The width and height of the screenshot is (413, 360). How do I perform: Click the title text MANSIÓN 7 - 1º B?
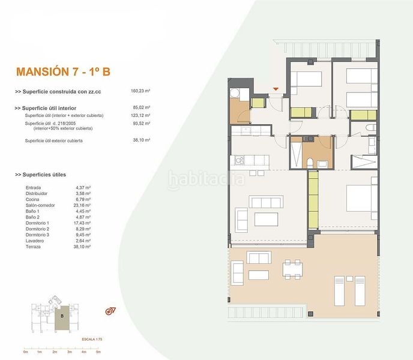(63, 72)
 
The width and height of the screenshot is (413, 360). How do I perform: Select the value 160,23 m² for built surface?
(140, 91)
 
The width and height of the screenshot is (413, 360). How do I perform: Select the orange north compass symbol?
(110, 311)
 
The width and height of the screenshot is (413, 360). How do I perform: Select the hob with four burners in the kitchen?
(240, 160)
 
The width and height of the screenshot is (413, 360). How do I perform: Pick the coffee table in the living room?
(267, 218)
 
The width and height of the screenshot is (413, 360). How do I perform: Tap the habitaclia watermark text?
(206, 179)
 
